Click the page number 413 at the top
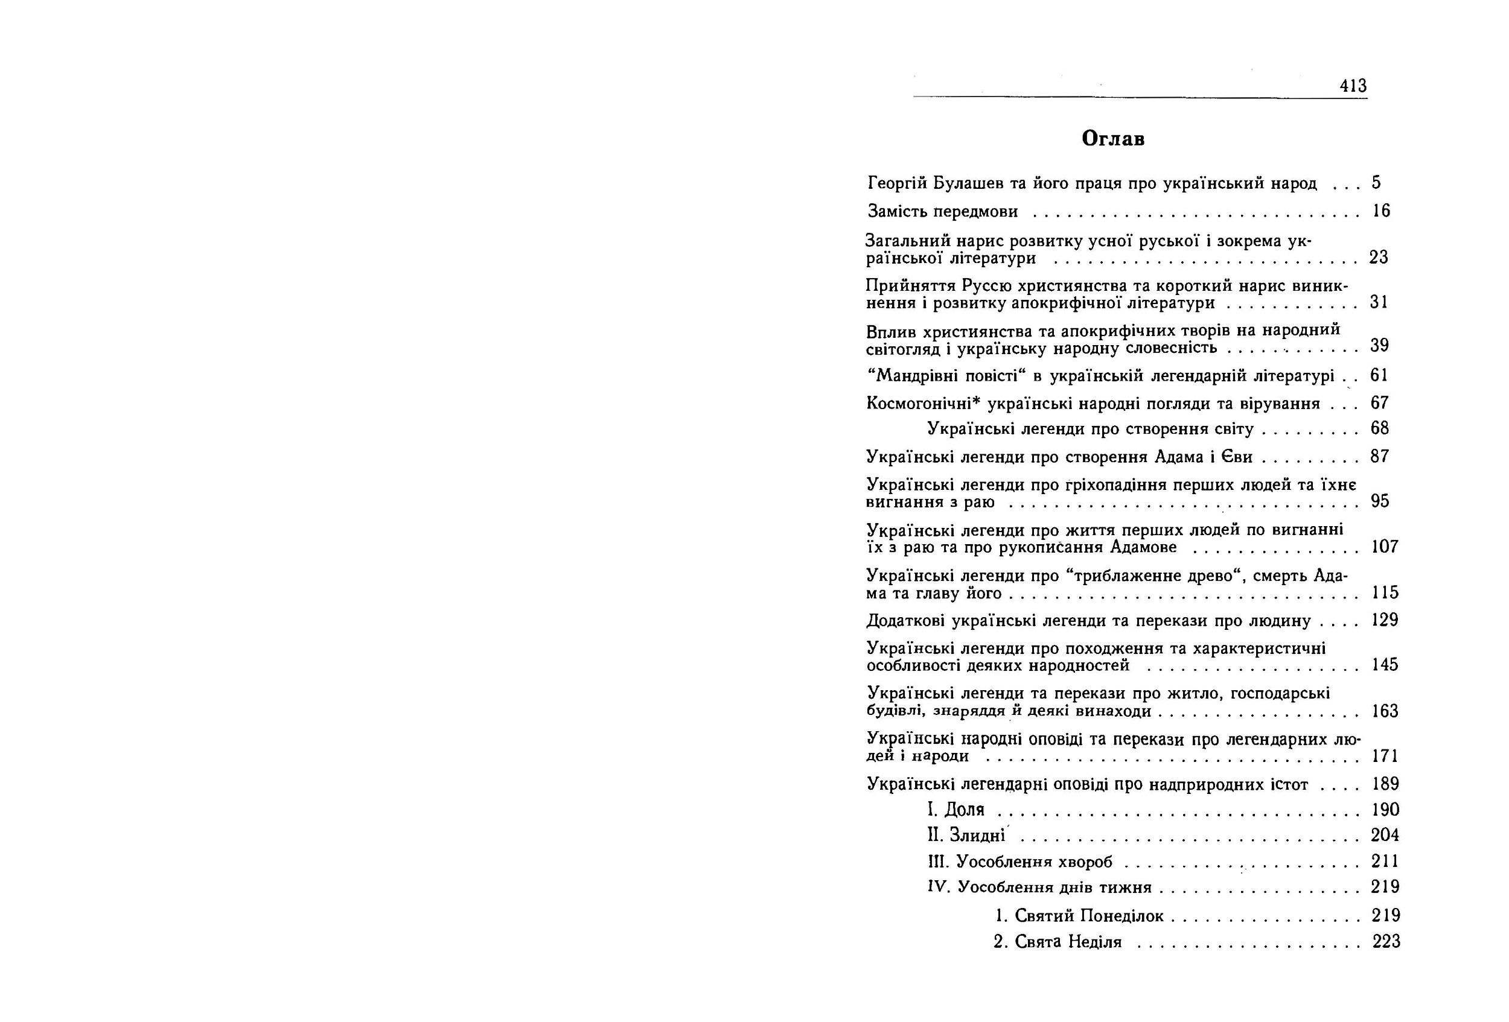tap(1353, 86)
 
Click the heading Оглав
tap(1113, 139)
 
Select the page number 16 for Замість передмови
tap(1381, 211)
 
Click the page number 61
tap(1379, 375)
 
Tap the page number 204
tap(1385, 835)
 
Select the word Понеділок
tap(1122, 916)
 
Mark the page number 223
tap(1386, 942)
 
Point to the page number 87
tap(1380, 457)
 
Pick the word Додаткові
tap(906, 621)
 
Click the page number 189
tap(1385, 784)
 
